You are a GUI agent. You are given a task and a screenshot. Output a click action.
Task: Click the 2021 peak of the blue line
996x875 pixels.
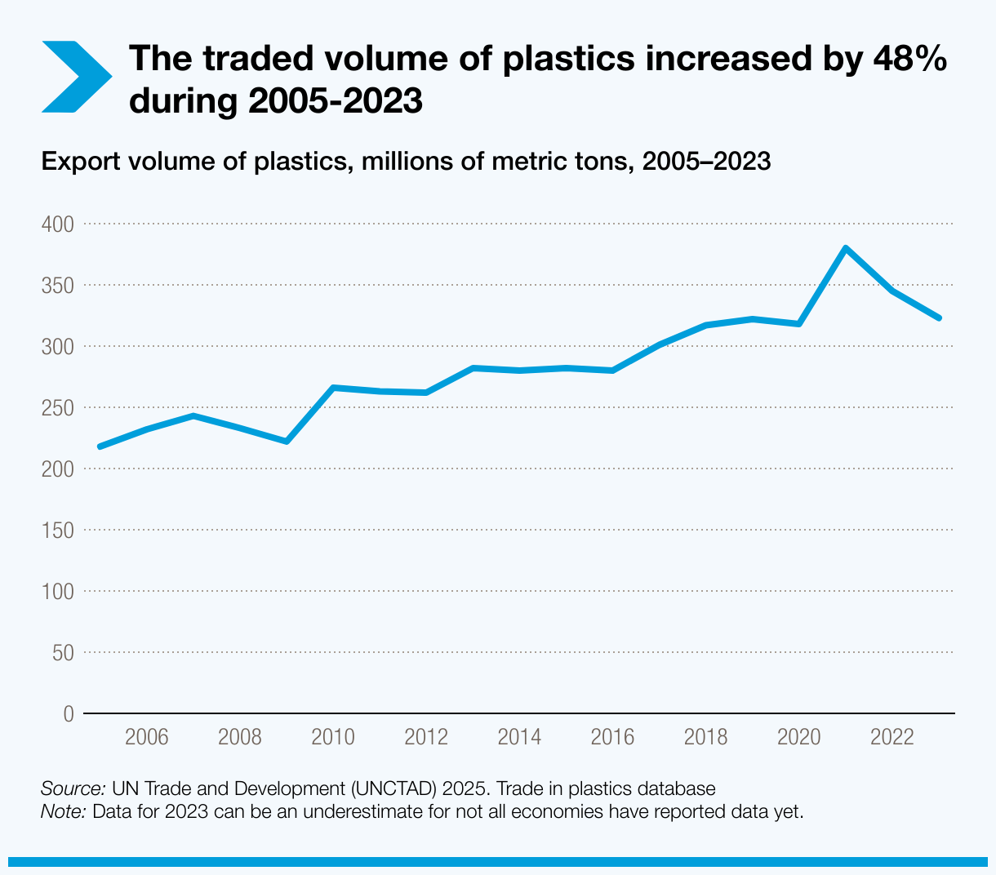[846, 247]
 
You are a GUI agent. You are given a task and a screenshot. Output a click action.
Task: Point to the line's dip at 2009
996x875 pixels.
[287, 442]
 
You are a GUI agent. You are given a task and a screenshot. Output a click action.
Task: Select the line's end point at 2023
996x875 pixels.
[939, 318]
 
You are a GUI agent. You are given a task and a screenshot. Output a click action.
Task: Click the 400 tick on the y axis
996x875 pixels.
[57, 224]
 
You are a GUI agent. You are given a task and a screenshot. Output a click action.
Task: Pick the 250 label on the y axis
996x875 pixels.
[57, 407]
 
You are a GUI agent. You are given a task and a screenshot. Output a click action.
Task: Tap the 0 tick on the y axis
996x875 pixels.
[68, 714]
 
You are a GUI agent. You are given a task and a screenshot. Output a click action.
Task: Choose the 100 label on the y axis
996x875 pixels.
[57, 591]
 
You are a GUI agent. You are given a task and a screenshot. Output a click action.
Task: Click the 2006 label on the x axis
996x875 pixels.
[146, 738]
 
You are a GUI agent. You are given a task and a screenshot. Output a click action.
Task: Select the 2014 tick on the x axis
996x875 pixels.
[519, 738]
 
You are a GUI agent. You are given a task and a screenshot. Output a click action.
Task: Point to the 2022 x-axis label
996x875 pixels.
[892, 738]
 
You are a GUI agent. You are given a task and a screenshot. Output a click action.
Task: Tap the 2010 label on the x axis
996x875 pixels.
[333, 738]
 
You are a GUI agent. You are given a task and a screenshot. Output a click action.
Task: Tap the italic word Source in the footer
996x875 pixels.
[73, 789]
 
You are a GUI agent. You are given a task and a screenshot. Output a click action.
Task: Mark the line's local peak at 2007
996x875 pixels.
[193, 415]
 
